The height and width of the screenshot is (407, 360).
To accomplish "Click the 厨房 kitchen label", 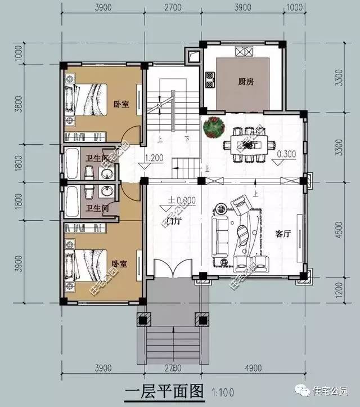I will coord(246,82).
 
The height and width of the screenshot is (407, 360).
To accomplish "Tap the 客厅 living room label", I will coord(283,235).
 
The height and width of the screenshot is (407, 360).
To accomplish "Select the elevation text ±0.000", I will coord(181,200).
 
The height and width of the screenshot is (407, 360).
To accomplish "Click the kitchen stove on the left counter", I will coord(210,80).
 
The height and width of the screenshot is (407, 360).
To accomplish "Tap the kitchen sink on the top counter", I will coord(245,52).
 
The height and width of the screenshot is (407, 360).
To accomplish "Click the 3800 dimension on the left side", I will coord(19,104).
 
